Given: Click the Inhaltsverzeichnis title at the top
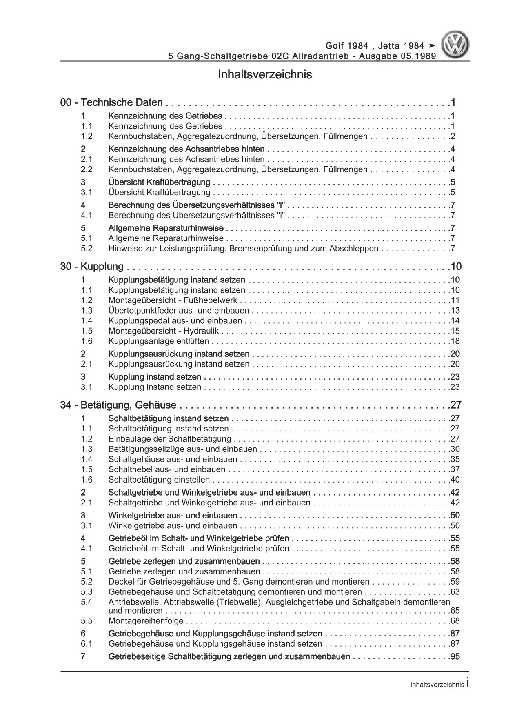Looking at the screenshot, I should click(265, 75).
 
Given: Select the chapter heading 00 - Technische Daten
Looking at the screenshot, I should click(111, 102).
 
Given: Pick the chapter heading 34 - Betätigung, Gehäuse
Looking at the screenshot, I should click(118, 405).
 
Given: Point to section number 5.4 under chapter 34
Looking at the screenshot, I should click(87, 602).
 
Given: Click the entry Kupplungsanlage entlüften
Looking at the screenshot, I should click(158, 341).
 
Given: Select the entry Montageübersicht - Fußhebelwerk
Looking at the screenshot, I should click(173, 300).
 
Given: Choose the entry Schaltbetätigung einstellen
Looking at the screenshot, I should click(159, 480).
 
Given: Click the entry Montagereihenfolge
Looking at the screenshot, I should click(146, 621).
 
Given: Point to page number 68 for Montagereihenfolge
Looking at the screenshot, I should click(455, 621).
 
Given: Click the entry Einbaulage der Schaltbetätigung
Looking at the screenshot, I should click(169, 439).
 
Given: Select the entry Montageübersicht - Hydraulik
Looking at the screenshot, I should click(163, 331).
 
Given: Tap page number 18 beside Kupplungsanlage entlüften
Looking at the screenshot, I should click(455, 341).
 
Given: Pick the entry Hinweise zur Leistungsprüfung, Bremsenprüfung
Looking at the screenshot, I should click(243, 248).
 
